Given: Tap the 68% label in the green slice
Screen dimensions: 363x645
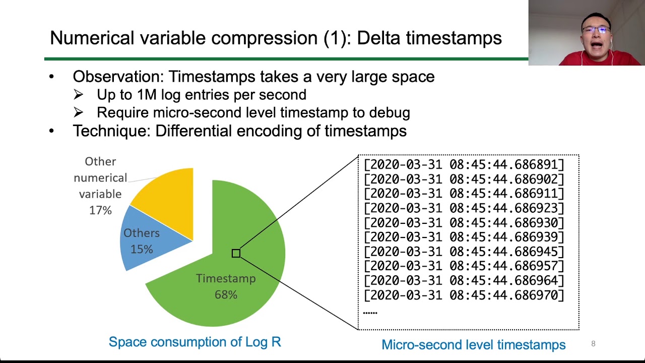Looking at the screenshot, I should click(x=226, y=295).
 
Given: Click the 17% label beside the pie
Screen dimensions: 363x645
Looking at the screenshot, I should click(x=100, y=210).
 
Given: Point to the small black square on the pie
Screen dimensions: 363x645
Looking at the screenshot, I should click(x=236, y=254).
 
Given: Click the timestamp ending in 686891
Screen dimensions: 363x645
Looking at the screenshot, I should click(x=464, y=165).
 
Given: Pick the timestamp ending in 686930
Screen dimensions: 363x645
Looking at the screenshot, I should click(x=464, y=223).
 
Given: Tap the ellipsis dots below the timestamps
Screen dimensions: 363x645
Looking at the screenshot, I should click(x=370, y=313).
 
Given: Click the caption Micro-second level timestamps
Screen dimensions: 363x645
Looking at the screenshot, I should click(x=473, y=345).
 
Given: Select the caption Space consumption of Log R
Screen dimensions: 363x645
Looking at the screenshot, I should click(x=195, y=342).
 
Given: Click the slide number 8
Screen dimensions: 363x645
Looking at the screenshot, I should click(x=593, y=344).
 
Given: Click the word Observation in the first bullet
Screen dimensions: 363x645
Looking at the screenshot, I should click(x=116, y=77).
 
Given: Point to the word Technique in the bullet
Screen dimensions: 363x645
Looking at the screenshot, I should click(x=110, y=131).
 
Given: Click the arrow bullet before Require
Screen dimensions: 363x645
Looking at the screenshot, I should click(x=78, y=113).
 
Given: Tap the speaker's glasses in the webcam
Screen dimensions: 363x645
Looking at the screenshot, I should click(x=596, y=30).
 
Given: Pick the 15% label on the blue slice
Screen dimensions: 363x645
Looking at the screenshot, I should click(x=142, y=250).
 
